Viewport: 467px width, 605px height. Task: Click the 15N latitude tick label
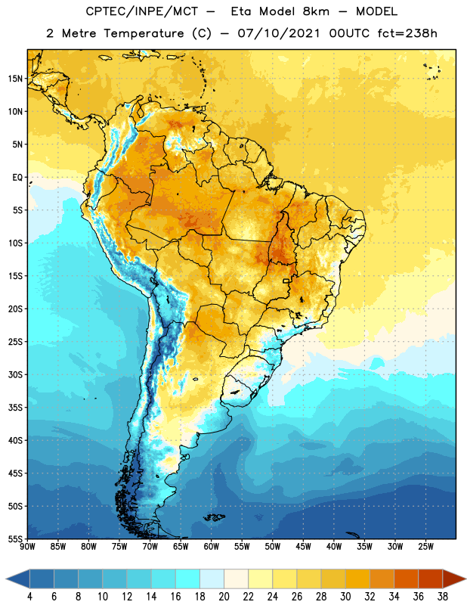pyautogui.click(x=15, y=79)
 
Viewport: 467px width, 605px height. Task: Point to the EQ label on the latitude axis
pyautogui.click(x=17, y=178)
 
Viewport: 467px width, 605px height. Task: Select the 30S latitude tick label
pyautogui.click(x=15, y=374)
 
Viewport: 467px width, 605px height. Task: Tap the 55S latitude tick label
pyautogui.click(x=15, y=538)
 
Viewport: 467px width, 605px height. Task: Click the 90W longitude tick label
pyautogui.click(x=27, y=547)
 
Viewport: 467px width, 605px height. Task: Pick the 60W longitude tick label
pyautogui.click(x=212, y=547)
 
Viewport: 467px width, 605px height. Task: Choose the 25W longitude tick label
pyautogui.click(x=425, y=547)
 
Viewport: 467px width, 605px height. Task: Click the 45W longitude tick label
pyautogui.click(x=303, y=547)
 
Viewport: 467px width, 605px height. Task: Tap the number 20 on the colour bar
pyautogui.click(x=224, y=597)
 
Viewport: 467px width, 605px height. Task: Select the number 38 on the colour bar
pyautogui.click(x=443, y=597)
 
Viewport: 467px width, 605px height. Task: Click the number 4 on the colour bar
pyautogui.click(x=29, y=597)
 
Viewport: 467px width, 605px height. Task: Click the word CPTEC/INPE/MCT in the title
pyautogui.click(x=142, y=11)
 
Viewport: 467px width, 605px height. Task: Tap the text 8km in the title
pyautogui.click(x=316, y=11)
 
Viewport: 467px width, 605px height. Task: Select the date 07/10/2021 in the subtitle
pyautogui.click(x=279, y=33)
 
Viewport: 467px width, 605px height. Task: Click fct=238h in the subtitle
pyautogui.click(x=407, y=33)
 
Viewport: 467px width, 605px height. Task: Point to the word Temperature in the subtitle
pyautogui.click(x=144, y=34)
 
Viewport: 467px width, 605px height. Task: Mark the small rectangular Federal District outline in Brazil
pyautogui.click(x=286, y=281)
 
